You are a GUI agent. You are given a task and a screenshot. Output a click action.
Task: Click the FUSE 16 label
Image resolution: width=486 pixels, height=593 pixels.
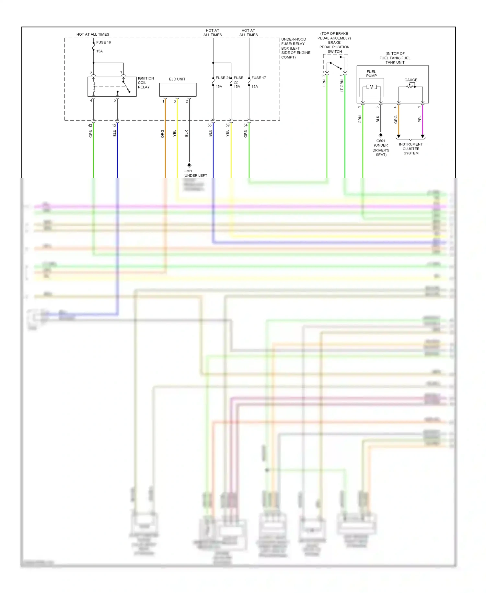click(x=103, y=42)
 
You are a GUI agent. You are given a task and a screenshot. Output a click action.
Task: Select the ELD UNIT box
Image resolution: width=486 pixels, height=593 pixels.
click(x=178, y=90)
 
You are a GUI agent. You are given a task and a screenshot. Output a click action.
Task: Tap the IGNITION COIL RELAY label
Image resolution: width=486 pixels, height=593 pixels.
click(x=145, y=83)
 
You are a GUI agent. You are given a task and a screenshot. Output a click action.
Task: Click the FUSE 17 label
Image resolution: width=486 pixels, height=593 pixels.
click(x=259, y=78)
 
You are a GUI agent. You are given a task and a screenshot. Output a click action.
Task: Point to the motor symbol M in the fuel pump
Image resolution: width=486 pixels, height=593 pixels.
click(x=371, y=87)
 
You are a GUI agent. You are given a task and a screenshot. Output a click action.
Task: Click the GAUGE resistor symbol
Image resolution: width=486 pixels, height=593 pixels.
click(x=411, y=86)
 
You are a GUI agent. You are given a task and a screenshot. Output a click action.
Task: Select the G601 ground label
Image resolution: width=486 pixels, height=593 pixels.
click(x=381, y=141)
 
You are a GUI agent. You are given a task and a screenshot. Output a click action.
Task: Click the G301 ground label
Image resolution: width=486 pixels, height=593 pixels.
click(x=188, y=171)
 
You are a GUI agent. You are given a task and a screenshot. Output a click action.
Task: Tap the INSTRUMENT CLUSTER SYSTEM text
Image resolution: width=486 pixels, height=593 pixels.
click(x=411, y=149)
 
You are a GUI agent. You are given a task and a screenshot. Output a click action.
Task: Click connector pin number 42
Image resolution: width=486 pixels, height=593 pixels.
click(x=90, y=126)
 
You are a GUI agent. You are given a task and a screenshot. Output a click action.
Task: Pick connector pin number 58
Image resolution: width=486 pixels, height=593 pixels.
click(x=210, y=125)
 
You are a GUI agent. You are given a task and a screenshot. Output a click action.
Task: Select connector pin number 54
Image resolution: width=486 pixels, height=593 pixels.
click(x=246, y=125)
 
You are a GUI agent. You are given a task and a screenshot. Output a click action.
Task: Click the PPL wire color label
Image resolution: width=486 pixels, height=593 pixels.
click(x=420, y=119)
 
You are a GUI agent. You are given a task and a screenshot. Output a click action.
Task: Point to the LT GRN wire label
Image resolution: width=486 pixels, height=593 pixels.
click(x=342, y=86)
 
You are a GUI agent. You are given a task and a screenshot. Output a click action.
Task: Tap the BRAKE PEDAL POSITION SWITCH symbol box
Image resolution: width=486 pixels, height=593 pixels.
click(x=335, y=64)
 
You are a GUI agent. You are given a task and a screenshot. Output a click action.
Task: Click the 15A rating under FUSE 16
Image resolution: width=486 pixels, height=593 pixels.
click(x=99, y=51)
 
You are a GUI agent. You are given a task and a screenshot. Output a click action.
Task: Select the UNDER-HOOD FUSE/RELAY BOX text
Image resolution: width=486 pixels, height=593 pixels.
click(x=295, y=48)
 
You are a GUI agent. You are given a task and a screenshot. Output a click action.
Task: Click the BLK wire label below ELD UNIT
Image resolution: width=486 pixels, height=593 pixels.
click(x=186, y=133)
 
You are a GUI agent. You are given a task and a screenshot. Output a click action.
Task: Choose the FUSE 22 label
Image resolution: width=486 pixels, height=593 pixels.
click(x=238, y=80)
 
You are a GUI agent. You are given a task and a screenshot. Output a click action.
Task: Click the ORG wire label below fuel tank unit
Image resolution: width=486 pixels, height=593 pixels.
click(x=396, y=119)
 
